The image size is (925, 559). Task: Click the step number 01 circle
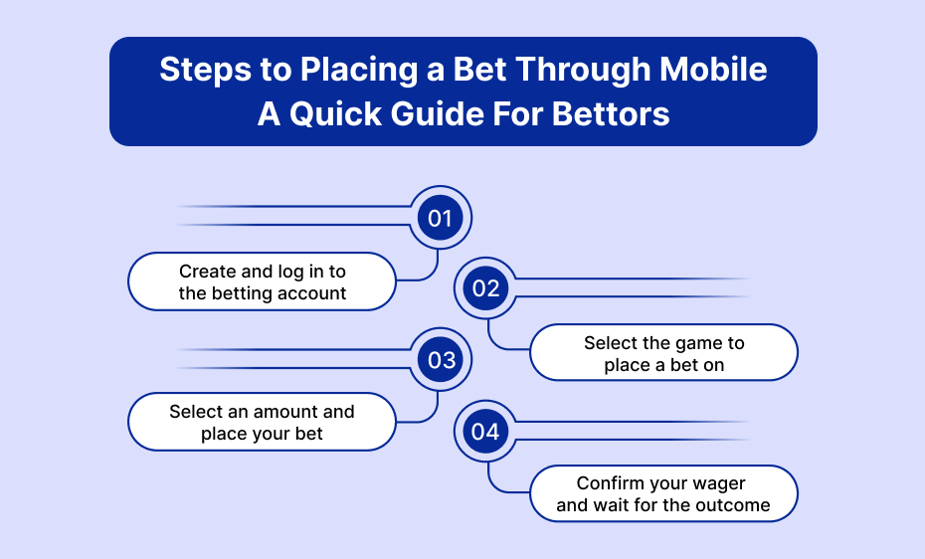tap(440, 218)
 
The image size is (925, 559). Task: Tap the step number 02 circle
tap(485, 288)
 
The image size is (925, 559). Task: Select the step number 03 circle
tap(441, 360)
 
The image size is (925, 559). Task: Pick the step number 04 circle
tap(485, 431)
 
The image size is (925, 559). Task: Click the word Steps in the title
tap(206, 71)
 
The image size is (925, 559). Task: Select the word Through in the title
tap(583, 71)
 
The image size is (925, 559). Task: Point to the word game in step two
tap(690, 344)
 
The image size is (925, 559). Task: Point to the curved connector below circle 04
tap(495, 484)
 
